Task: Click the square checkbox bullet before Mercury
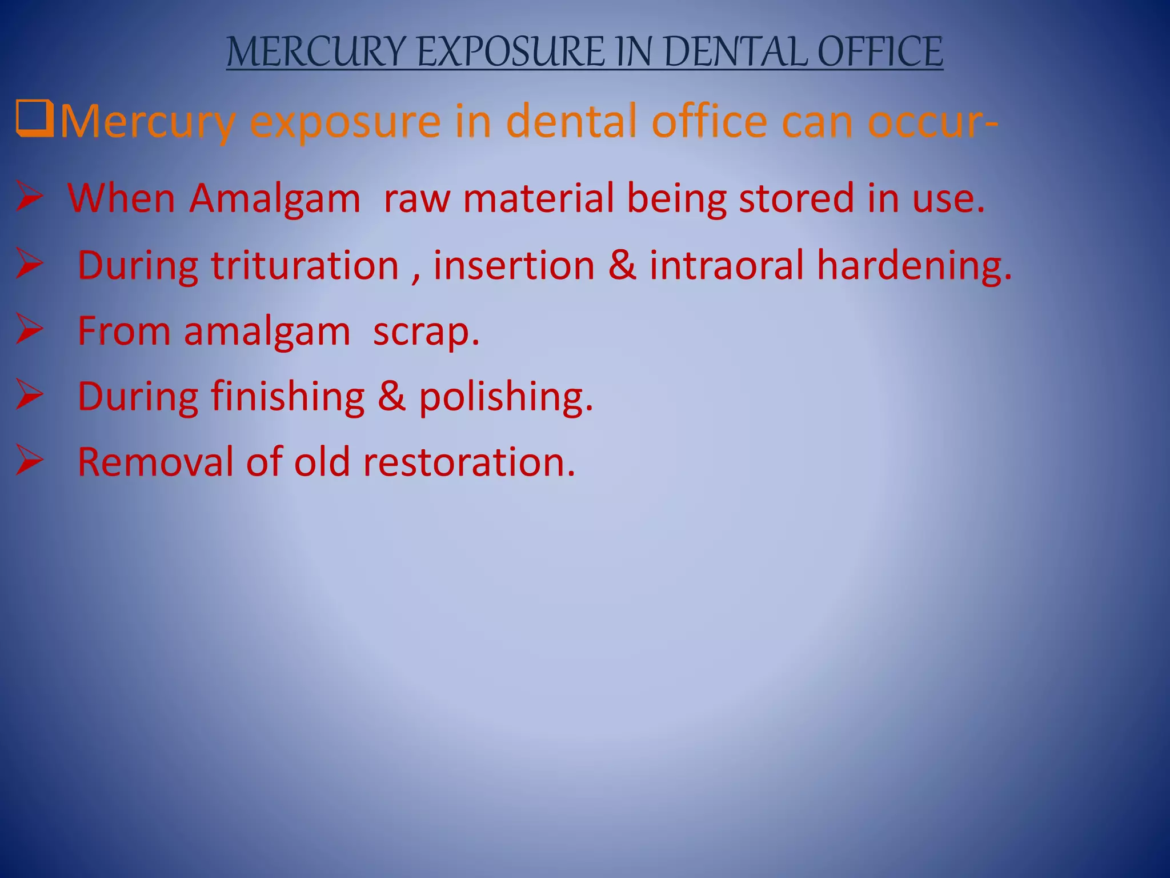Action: pyautogui.click(x=34, y=119)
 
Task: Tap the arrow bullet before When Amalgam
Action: pyautogui.click(x=30, y=197)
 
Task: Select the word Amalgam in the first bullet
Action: pyautogui.click(x=275, y=199)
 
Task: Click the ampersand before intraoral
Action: pyautogui.click(x=622, y=265)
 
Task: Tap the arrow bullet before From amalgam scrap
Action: pyautogui.click(x=30, y=329)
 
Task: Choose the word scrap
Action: pyautogui.click(x=426, y=332)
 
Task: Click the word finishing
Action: pyautogui.click(x=288, y=397)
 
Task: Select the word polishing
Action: pyautogui.click(x=506, y=397)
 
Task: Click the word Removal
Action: pyautogui.click(x=155, y=461)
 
